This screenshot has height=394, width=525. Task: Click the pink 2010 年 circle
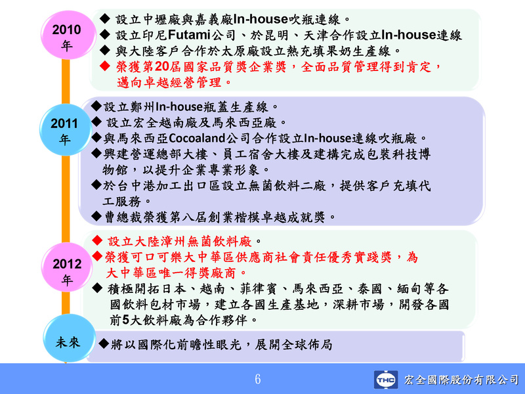pos(68,35)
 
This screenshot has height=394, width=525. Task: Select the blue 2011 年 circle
pos(65,130)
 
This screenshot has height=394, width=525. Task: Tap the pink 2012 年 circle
pos(67,268)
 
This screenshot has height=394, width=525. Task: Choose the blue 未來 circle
pos(69,338)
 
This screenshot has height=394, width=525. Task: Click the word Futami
pos(189,35)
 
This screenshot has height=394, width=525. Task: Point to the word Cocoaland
pos(197,138)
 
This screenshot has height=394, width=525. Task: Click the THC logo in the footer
pos(386,380)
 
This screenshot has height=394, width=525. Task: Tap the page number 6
pos(257,380)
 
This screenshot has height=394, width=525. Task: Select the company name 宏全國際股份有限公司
pos(461,380)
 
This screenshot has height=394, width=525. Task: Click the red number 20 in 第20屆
pos(161,67)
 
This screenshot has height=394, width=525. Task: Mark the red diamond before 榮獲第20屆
pos(105,66)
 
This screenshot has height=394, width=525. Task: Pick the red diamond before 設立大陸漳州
pos(97,240)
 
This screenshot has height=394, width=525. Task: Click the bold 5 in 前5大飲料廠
pos(125,320)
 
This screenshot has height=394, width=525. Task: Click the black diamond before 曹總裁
pos(96,216)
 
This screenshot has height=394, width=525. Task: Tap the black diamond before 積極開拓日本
pos(97,288)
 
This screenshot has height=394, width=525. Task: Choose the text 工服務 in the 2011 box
pos(122,202)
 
